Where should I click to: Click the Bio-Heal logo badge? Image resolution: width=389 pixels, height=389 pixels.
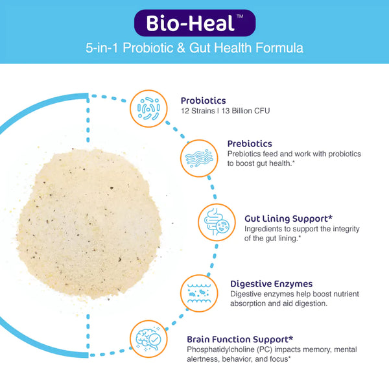pos(194,23)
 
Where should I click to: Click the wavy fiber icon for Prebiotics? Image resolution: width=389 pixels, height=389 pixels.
pos(198,158)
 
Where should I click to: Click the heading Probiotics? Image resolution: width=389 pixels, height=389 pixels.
pos(204,100)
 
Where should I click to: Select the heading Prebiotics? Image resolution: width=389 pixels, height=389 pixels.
pos(249,143)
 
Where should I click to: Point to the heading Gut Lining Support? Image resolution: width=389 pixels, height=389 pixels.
pos(280,218)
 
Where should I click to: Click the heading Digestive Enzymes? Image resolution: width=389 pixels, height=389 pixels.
pos(272,283)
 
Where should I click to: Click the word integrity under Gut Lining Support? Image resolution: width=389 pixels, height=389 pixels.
pos(336,229)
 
